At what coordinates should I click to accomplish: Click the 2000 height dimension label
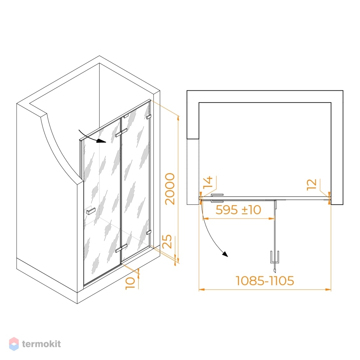pyautogui.click(x=170, y=189)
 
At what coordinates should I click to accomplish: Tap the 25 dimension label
pyautogui.click(x=167, y=241)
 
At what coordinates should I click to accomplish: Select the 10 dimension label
pyautogui.click(x=130, y=283)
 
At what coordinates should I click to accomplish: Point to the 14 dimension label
pyautogui.click(x=208, y=182)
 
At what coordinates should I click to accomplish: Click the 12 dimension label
pyautogui.click(x=312, y=185)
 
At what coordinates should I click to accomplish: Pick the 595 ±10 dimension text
pyautogui.click(x=238, y=210)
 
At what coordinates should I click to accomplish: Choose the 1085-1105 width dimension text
pyautogui.click(x=265, y=280)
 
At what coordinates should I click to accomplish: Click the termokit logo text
pyautogui.click(x=41, y=344)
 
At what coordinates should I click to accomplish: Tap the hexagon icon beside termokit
pyautogui.click(x=14, y=344)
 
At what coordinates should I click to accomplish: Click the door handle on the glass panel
pyautogui.click(x=91, y=211)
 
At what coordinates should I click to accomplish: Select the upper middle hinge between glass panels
pyautogui.click(x=121, y=133)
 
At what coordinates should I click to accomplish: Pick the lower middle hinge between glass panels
pyautogui.click(x=121, y=248)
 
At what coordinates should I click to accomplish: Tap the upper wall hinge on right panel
pyautogui.click(x=149, y=117)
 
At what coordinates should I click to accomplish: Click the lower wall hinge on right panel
pyautogui.click(x=149, y=232)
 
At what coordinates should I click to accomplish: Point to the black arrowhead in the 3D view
pyautogui.click(x=101, y=140)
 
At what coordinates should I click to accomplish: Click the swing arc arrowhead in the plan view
pyautogui.click(x=225, y=254)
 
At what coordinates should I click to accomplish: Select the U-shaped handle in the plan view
pyautogui.click(x=275, y=257)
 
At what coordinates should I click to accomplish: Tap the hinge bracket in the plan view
pyautogui.click(x=217, y=198)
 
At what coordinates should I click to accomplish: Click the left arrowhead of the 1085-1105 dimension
pyautogui.click(x=202, y=289)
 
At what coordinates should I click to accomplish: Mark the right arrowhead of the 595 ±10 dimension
pyautogui.click(x=272, y=219)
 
